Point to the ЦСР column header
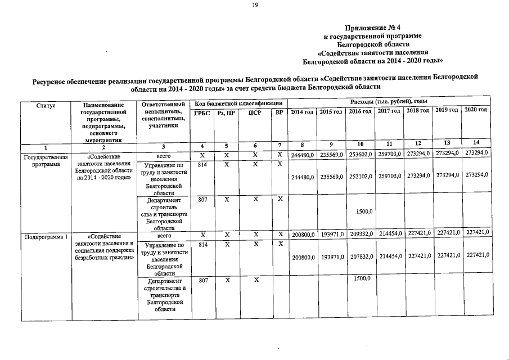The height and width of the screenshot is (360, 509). pyautogui.click(x=255, y=113)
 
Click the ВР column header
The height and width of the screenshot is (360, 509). pyautogui.click(x=279, y=113)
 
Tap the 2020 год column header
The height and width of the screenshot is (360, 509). pyautogui.click(x=476, y=110)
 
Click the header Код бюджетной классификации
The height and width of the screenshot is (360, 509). pyautogui.click(x=238, y=103)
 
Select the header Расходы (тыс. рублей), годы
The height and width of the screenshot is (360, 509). pyautogui.click(x=389, y=101)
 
